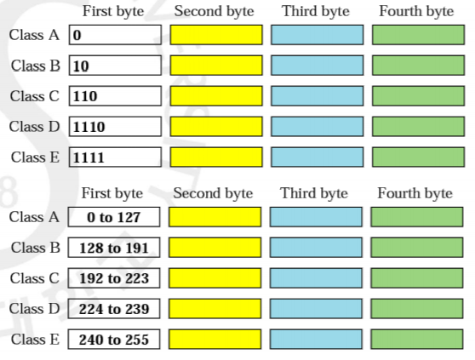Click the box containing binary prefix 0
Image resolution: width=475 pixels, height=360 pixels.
pos(115,35)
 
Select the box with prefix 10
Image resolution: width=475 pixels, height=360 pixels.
pos(115,66)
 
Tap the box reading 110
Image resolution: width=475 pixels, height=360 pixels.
pos(115,96)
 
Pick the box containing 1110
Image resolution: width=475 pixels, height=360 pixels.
pos(115,127)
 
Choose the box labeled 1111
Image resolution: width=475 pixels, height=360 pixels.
pos(115,157)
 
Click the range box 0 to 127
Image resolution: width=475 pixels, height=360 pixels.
pos(114,217)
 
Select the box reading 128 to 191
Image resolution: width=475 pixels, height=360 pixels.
pos(114,248)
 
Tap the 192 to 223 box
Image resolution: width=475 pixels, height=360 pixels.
pos(114,278)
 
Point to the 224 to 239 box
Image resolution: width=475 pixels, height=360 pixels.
pos(114,309)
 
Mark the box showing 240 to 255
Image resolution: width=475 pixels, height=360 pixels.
pos(114,340)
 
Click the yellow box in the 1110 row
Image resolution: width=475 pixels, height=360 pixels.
pos(216,127)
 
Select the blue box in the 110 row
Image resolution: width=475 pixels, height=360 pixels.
pos(318,96)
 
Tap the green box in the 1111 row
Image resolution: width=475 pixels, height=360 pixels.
pos(418,157)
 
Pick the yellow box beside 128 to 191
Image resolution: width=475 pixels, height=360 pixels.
pos(215,248)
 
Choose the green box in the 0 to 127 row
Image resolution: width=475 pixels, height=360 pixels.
pos(417,217)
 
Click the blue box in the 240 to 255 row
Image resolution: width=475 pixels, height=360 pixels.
pos(316,340)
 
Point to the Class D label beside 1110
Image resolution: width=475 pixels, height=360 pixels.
pos(34,127)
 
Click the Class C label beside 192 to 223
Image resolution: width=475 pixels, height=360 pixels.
pos(35,278)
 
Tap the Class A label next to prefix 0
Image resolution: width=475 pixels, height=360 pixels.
pos(34,35)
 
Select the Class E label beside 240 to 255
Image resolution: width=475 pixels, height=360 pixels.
pos(35,340)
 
